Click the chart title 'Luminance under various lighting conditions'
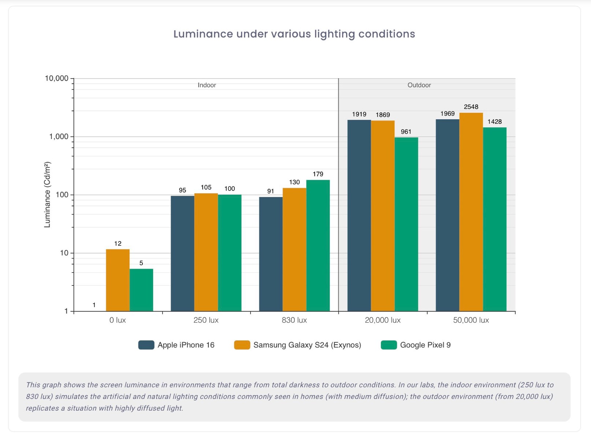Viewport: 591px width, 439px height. (x=294, y=34)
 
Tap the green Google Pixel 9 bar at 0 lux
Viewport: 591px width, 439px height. (x=141, y=290)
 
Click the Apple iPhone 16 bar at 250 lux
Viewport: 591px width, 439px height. (x=182, y=254)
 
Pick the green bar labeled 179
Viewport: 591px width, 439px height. (x=318, y=245)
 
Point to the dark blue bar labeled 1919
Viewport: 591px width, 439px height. (x=359, y=215)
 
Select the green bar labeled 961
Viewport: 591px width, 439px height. (x=406, y=224)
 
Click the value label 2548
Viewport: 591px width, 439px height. (x=471, y=107)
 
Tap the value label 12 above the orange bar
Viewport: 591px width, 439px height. (x=118, y=244)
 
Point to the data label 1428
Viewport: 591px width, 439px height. (x=494, y=122)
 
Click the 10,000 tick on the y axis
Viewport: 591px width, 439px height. (x=57, y=78)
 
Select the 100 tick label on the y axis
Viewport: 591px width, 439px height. (x=62, y=195)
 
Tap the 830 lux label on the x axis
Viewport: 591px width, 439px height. (x=294, y=320)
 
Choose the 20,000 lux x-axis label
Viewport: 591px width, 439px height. (x=383, y=320)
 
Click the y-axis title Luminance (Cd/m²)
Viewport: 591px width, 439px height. (x=47, y=195)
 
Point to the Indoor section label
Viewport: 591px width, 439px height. (x=207, y=85)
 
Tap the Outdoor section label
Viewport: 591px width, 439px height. (x=419, y=85)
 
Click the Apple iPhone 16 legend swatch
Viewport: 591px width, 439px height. (x=146, y=345)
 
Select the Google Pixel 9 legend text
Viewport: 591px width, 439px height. (x=425, y=345)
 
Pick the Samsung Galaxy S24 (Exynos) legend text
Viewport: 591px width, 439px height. (x=307, y=345)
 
